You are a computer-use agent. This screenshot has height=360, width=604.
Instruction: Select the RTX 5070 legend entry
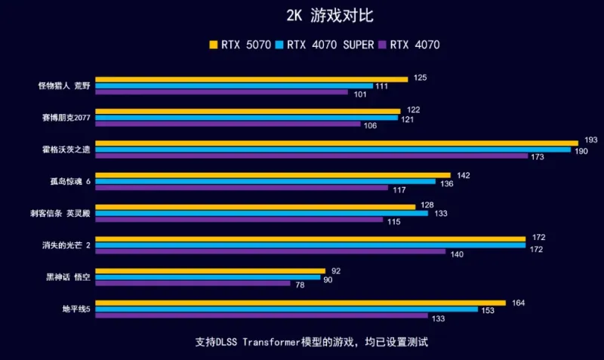pyautogui.click(x=240, y=45)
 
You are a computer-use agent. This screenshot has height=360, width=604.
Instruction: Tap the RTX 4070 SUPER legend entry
pyautogui.click(x=327, y=45)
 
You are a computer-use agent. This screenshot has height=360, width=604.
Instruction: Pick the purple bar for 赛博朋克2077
pyautogui.click(x=226, y=125)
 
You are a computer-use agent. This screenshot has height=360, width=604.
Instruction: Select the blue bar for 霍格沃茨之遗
pyautogui.click(x=333, y=149)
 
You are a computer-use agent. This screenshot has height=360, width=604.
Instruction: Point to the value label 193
pyautogui.click(x=591, y=141)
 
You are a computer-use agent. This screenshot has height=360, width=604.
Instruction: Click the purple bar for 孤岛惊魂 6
pyautogui.click(x=242, y=188)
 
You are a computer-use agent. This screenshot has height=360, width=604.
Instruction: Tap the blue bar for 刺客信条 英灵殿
pyautogui.click(x=261, y=214)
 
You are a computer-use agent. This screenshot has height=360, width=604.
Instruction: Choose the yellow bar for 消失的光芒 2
pyautogui.click(x=310, y=238)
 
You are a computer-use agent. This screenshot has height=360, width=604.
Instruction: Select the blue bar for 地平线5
pyautogui.click(x=286, y=309)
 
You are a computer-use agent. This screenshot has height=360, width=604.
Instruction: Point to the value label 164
pyautogui.click(x=518, y=303)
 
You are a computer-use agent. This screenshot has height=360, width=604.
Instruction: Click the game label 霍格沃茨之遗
pyautogui.click(x=66, y=149)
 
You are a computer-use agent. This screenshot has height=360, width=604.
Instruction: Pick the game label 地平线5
pyautogui.click(x=76, y=309)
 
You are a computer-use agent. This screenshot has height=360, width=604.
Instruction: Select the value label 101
pyautogui.click(x=359, y=94)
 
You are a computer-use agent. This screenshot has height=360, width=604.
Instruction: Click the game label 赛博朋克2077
pyautogui.click(x=66, y=118)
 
